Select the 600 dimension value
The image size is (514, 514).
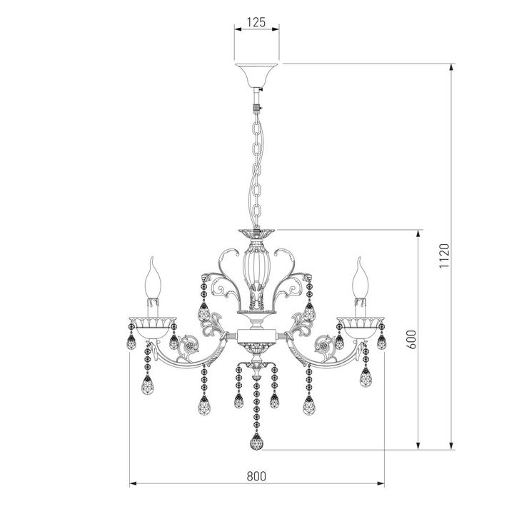[408, 339]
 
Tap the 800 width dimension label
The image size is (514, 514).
[256, 476]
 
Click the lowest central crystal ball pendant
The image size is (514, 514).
[255, 442]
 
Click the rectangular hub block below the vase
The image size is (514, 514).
[256, 333]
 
